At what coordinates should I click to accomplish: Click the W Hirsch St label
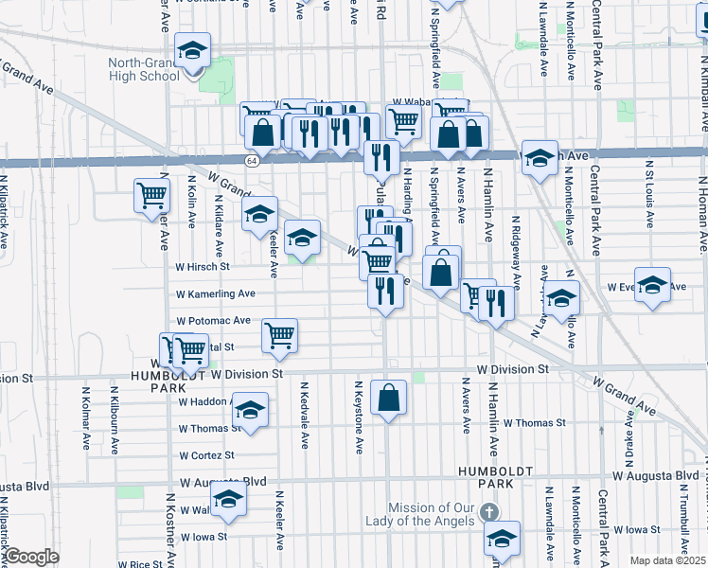[x=204, y=267]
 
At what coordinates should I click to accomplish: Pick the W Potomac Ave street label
[x=214, y=321]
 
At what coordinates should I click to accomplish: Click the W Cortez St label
[x=212, y=454]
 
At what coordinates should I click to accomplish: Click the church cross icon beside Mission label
[x=488, y=512]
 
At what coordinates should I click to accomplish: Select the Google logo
[x=31, y=557]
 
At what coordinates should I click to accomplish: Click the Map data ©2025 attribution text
[x=667, y=560]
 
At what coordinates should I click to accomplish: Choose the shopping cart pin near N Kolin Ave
[x=151, y=196]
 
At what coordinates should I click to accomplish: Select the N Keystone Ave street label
[x=359, y=417]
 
